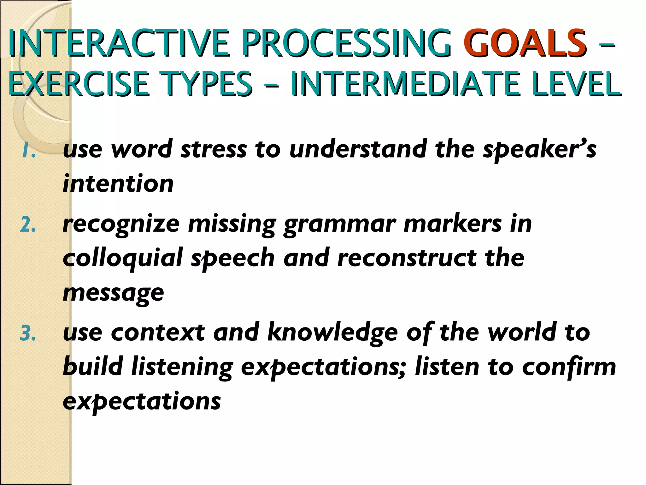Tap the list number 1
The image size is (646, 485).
[x=28, y=151]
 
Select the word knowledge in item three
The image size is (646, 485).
[x=332, y=333]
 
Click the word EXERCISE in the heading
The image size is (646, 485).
[x=79, y=84]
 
